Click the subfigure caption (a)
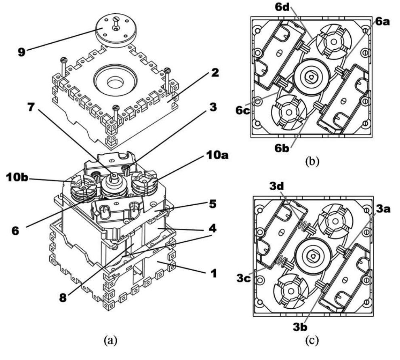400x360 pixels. pyautogui.click(x=110, y=349)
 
